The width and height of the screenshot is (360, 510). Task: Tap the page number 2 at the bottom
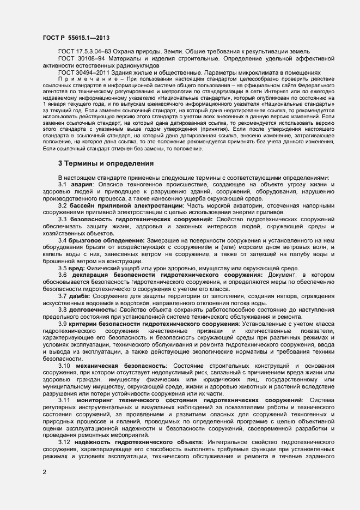tap(44, 472)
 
